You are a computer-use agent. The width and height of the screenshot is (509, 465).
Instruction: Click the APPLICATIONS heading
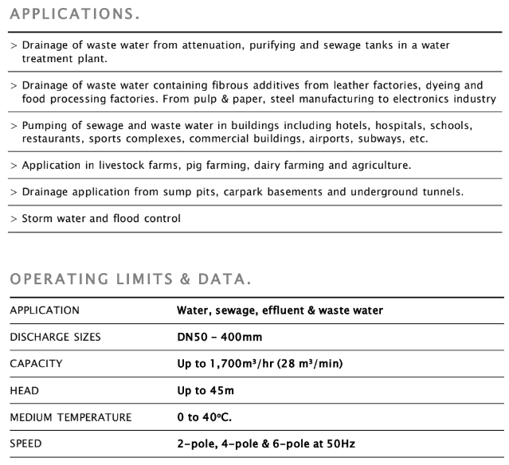point(75,14)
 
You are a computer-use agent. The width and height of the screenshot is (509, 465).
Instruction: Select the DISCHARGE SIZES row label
point(55,337)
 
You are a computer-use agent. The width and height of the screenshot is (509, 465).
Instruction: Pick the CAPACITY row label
point(36,364)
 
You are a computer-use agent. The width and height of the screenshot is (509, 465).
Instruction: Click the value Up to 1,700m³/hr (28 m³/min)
point(260,364)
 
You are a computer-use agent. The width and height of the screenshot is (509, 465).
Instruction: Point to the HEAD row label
point(25,391)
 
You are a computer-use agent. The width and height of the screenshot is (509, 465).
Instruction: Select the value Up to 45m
point(206,391)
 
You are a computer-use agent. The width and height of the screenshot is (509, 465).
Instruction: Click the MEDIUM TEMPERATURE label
point(70,417)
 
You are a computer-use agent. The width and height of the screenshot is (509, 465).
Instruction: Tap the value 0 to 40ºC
point(205,417)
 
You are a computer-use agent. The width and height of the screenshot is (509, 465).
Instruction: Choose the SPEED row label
point(27,444)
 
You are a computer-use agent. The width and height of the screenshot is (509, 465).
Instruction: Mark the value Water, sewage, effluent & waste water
point(280,310)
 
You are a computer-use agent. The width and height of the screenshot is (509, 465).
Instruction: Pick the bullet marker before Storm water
point(14,219)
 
